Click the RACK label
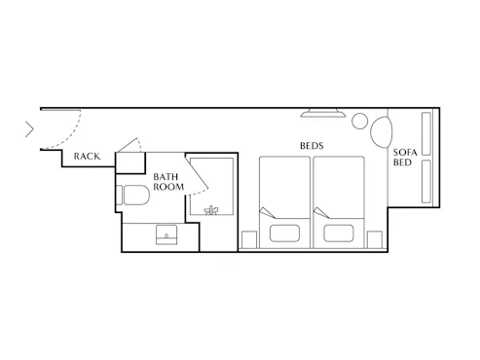coord(87,157)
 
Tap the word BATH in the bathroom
coord(166,177)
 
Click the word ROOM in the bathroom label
coord(168,187)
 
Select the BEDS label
coord(312,146)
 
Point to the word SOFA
coord(405,152)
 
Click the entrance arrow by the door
coord(29,129)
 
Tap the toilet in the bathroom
coord(132,195)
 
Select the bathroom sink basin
coord(166,234)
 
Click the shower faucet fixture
coord(211,210)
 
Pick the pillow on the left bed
coord(284,234)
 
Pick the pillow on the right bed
coord(339,234)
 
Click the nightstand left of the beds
coord(249,240)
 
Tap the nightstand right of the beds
coord(375,240)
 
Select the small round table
coord(359,121)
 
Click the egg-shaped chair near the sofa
coord(382,131)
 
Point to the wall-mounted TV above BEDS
coord(323,113)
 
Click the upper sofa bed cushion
coord(426,133)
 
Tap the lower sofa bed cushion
coord(426,181)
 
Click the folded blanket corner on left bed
coord(267,212)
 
